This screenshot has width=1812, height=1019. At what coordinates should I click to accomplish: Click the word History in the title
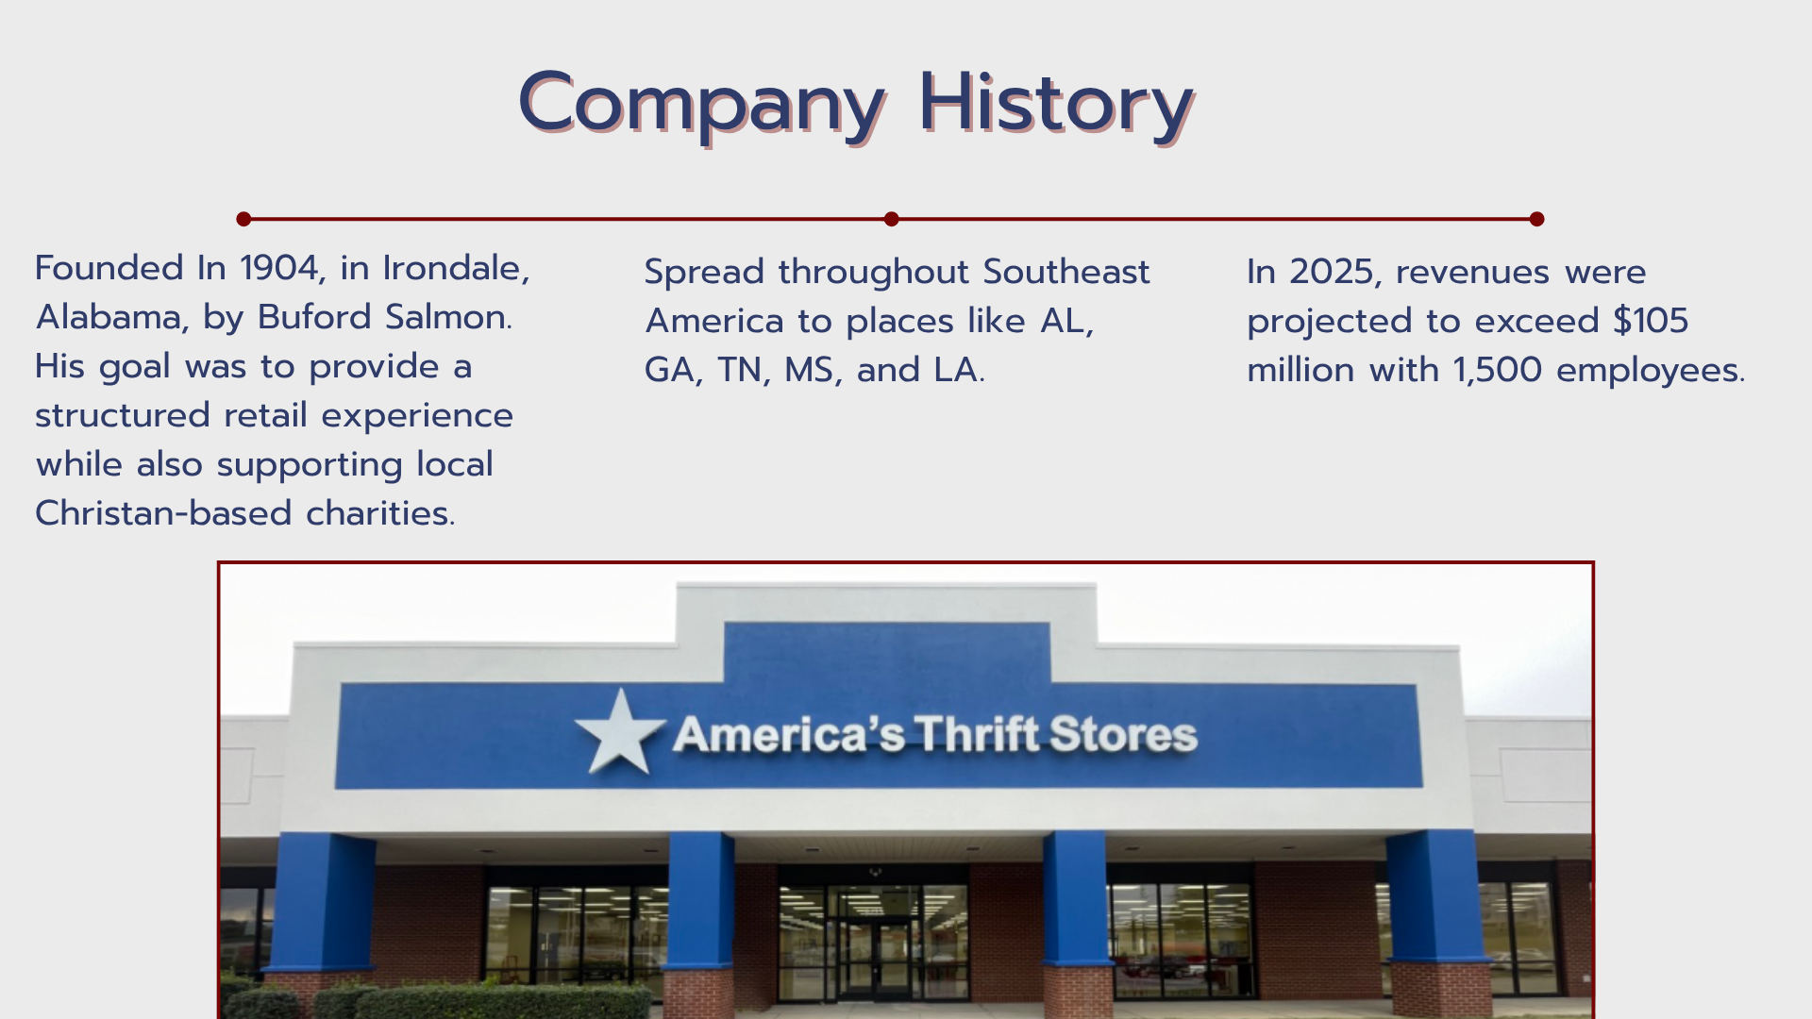click(x=1057, y=104)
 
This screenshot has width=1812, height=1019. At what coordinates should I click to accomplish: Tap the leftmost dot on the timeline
click(x=243, y=219)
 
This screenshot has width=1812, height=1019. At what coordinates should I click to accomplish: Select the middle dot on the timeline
click(x=891, y=219)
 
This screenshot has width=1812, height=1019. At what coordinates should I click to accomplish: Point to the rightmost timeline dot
click(x=1536, y=219)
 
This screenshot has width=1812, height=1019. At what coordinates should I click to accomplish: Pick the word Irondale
click(x=456, y=269)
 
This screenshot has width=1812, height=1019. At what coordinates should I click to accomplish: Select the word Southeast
click(x=1066, y=272)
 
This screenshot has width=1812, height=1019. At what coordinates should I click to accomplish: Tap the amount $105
click(x=1651, y=321)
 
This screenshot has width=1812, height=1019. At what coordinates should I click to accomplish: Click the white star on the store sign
click(x=620, y=732)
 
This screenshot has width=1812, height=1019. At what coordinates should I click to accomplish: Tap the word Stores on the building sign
click(x=1123, y=734)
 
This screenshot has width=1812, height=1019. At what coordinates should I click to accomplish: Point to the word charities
click(x=380, y=513)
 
